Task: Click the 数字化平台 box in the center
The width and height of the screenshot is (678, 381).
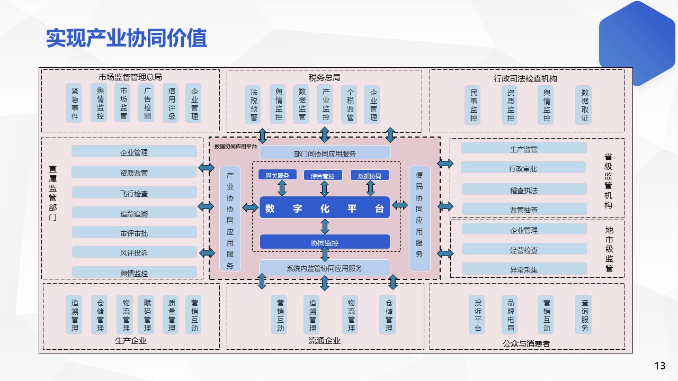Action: point(325,207)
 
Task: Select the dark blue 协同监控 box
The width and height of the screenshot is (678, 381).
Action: point(325,242)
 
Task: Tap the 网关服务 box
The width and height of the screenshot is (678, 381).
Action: point(278,175)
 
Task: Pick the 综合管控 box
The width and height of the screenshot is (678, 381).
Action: point(323,176)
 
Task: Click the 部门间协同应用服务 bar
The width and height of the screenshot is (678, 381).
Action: point(325,153)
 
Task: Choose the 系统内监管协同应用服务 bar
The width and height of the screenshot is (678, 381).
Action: point(325,268)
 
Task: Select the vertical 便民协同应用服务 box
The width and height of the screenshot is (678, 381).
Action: point(420,218)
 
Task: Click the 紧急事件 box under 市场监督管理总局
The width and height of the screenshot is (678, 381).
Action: point(75,103)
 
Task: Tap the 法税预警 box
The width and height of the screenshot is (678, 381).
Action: point(254,104)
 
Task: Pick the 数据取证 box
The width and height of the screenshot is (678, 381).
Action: point(585,105)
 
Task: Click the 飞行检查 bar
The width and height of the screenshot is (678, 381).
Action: point(134,193)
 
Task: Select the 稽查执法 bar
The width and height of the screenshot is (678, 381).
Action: point(524,189)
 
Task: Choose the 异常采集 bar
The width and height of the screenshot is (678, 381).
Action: point(524,269)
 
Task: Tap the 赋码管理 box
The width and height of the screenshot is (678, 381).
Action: point(147,314)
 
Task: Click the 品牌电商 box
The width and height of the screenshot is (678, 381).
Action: point(511,314)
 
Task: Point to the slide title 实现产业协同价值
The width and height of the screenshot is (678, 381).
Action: point(126,38)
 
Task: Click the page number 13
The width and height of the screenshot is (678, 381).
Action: point(659,366)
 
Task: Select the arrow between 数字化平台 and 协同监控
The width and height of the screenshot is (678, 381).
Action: point(325,226)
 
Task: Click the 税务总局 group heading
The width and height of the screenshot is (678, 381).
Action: point(324,78)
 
